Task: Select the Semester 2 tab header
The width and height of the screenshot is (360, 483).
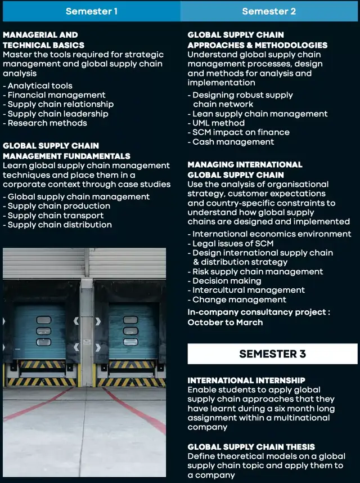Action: (x=269, y=11)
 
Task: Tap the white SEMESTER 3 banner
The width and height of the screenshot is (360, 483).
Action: (x=272, y=354)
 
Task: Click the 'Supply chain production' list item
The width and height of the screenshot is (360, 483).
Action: (x=57, y=206)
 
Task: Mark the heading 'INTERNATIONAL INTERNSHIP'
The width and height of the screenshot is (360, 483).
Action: (x=246, y=381)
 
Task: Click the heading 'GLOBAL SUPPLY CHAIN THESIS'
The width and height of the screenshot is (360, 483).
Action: (x=251, y=447)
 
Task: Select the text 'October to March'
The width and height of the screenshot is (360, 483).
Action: (x=225, y=323)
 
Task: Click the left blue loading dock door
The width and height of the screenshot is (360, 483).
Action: (x=40, y=332)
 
